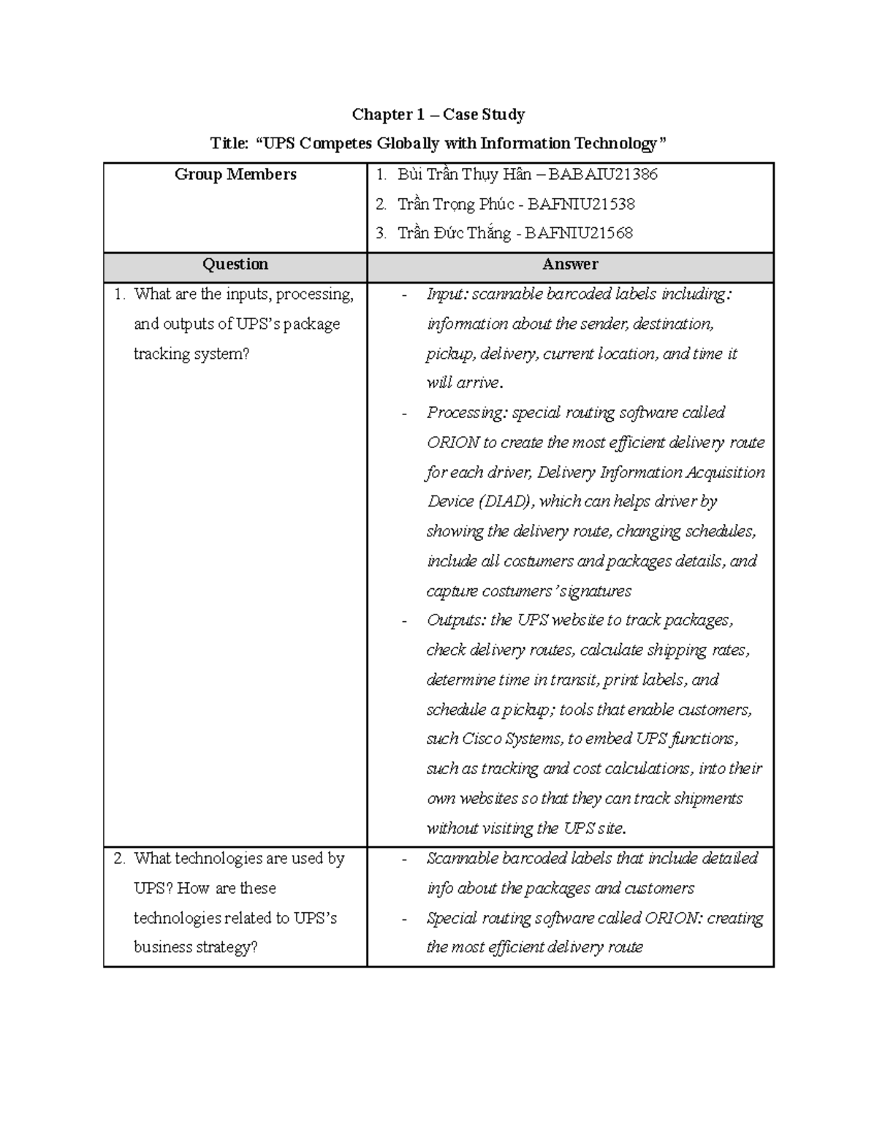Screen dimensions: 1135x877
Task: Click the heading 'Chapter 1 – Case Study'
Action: tap(438, 114)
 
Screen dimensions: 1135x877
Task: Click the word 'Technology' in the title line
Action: tap(619, 144)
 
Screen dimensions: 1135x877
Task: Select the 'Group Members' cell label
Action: tap(235, 174)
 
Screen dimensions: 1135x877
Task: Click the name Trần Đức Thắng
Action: tap(454, 234)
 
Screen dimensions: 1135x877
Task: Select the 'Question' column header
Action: tap(235, 264)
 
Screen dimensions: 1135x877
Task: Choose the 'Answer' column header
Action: tap(570, 264)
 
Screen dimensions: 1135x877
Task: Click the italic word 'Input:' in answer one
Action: tap(447, 295)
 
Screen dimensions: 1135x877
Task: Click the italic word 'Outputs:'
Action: tap(457, 620)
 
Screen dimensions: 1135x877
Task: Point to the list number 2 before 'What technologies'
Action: tap(119, 859)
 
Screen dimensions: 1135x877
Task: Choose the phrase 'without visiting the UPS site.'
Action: tap(526, 829)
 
